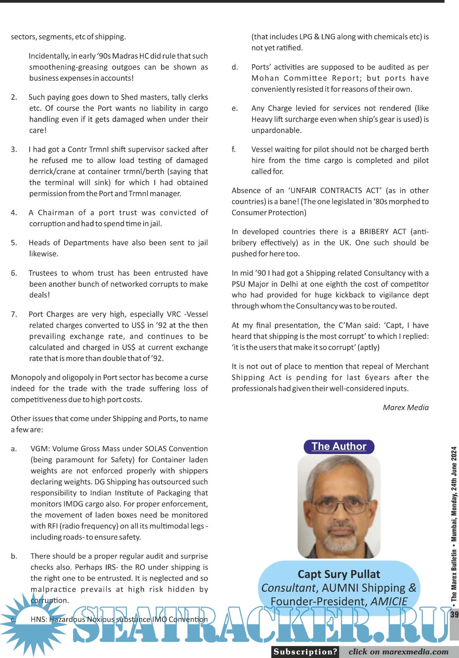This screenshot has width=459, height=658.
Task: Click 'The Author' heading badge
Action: click(x=339, y=446)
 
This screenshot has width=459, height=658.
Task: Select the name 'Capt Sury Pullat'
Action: click(x=339, y=574)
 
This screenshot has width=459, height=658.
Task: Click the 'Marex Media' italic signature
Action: click(x=405, y=407)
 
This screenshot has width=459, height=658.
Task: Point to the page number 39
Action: click(x=454, y=614)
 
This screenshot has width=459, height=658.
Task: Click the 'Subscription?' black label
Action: click(x=305, y=652)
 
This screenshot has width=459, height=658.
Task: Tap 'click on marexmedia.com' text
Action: click(x=398, y=652)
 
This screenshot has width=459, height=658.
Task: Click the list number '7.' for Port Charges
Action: click(x=14, y=314)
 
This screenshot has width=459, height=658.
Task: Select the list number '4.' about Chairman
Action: click(x=14, y=213)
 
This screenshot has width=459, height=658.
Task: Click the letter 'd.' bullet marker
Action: click(x=235, y=67)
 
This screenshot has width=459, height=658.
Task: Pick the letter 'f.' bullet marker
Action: click(x=234, y=150)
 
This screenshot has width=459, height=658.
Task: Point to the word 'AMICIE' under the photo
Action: click(x=389, y=602)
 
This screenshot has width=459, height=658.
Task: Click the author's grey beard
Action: click(x=340, y=539)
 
